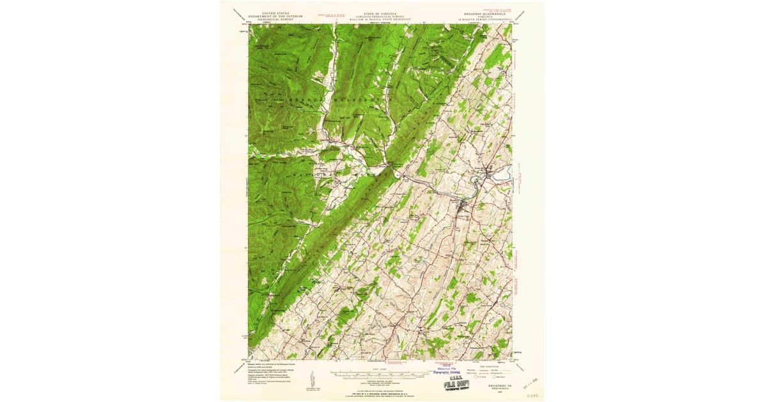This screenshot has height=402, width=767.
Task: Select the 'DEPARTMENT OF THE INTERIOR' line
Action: click(x=268, y=15)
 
